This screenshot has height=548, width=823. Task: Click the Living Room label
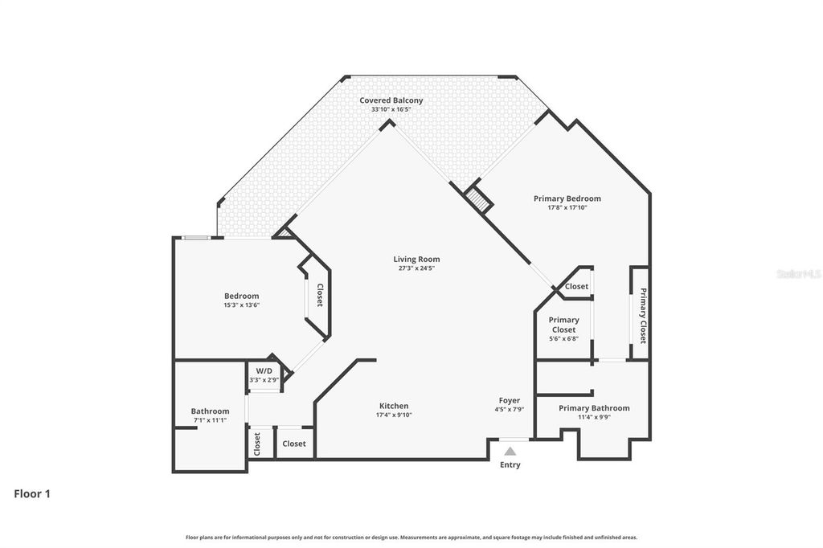coord(417,259)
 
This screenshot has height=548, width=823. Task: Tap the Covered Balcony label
coord(391,100)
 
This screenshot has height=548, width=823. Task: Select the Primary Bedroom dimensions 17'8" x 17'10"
coord(567,207)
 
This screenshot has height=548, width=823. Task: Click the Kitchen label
coord(394,406)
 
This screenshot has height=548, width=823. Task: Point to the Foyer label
coord(509,400)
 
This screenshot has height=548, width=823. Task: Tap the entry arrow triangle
coord(510,451)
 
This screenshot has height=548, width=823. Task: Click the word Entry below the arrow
coord(510,464)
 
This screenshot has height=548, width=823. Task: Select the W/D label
coord(264,371)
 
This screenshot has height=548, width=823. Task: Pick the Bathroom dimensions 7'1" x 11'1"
coord(210,420)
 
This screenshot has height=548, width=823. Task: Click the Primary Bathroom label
coord(594,408)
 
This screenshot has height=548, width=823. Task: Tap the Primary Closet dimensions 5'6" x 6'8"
coord(563,338)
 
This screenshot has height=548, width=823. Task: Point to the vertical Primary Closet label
coord(643,316)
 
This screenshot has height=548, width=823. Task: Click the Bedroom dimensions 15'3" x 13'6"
coord(241,305)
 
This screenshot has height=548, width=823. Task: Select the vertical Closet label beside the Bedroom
coord(319,295)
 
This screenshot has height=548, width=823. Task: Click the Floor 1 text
coord(32,493)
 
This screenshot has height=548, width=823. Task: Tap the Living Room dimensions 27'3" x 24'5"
coord(417,268)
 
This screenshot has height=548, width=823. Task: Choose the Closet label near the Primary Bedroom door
coord(576,286)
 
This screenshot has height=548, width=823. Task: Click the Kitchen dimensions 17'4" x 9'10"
coord(394,415)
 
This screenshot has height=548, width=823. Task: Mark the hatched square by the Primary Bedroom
coord(478,199)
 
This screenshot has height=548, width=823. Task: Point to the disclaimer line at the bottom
coord(411,537)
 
